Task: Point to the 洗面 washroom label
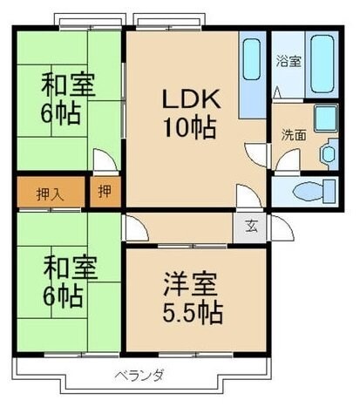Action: point(293,135)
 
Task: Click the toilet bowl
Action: point(309,191)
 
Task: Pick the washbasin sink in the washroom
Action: point(329,154)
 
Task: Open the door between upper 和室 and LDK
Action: point(104,163)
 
